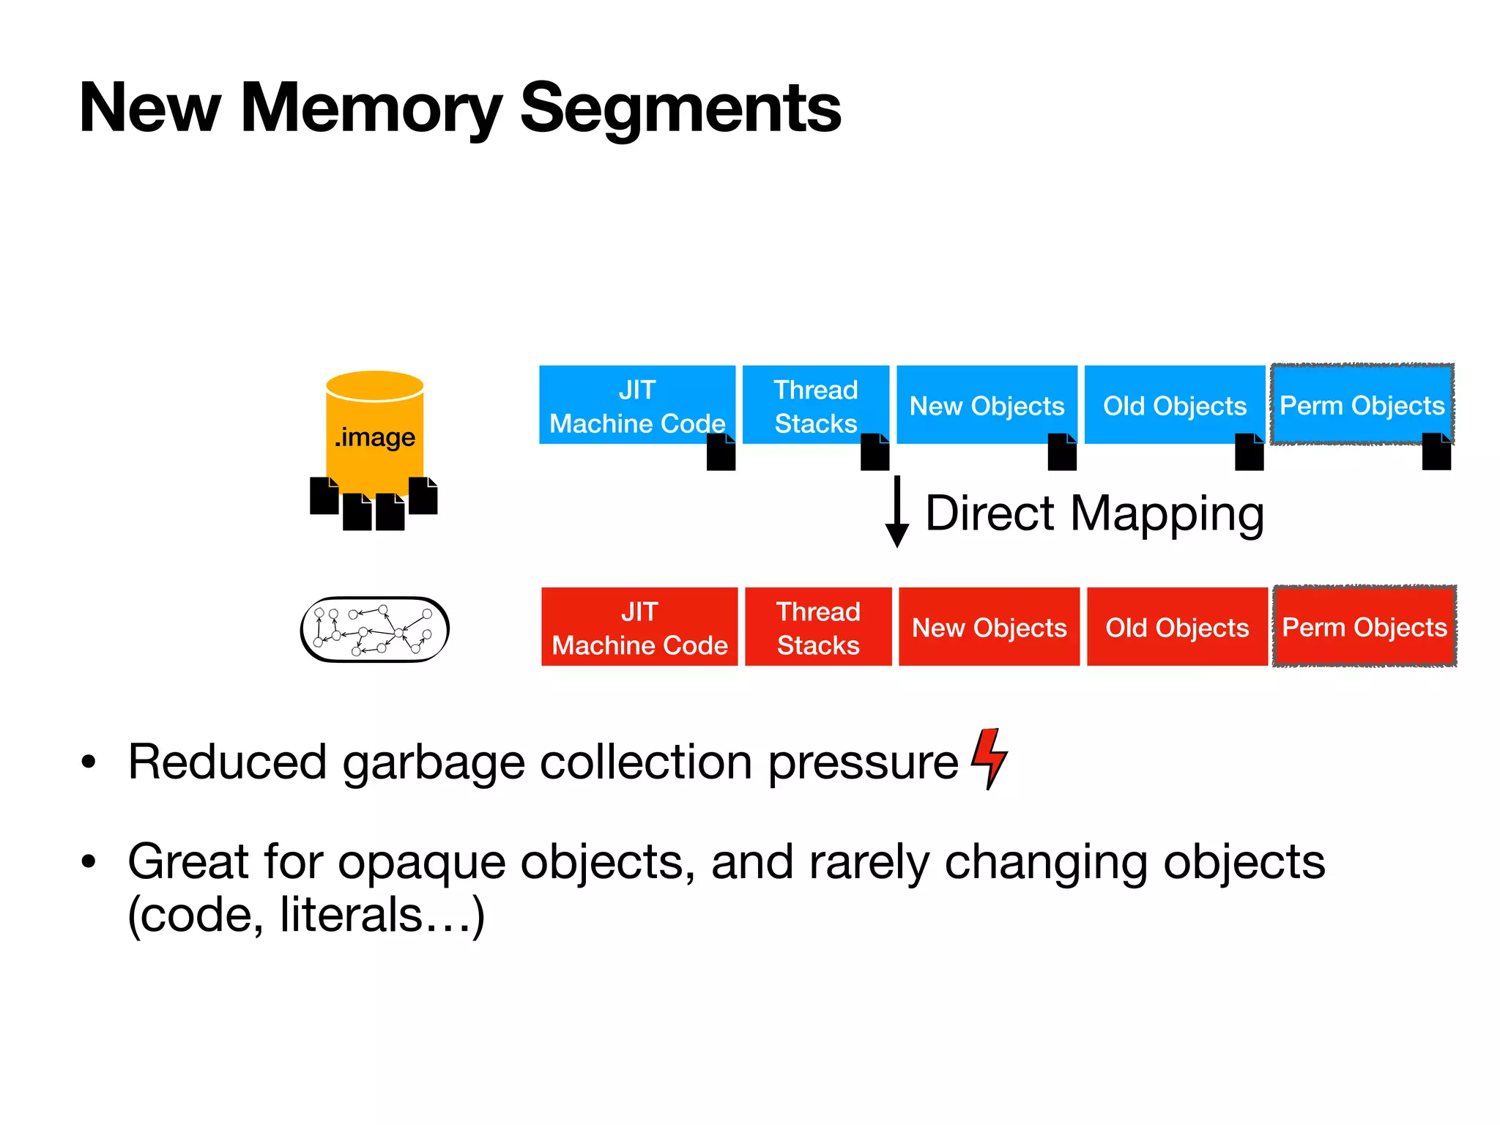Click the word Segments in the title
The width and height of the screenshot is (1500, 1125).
(x=680, y=108)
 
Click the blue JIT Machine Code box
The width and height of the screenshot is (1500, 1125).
(x=636, y=404)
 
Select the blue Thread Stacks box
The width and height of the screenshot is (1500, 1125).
(x=815, y=404)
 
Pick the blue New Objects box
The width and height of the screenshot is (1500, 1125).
(x=987, y=404)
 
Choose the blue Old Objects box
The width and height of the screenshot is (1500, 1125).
(x=1174, y=404)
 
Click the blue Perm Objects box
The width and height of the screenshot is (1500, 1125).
(x=1362, y=404)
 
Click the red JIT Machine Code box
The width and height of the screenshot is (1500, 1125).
(x=639, y=627)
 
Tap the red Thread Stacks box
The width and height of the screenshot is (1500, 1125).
(x=818, y=627)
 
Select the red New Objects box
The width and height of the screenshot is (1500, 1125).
(x=989, y=627)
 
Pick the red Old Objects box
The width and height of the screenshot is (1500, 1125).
(x=1177, y=627)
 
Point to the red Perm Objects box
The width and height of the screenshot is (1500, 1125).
(x=1365, y=627)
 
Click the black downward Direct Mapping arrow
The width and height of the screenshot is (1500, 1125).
(x=896, y=513)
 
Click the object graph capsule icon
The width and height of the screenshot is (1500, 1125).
(x=374, y=630)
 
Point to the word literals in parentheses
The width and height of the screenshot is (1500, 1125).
(x=352, y=916)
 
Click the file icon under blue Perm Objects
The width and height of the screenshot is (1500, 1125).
(x=1436, y=451)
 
